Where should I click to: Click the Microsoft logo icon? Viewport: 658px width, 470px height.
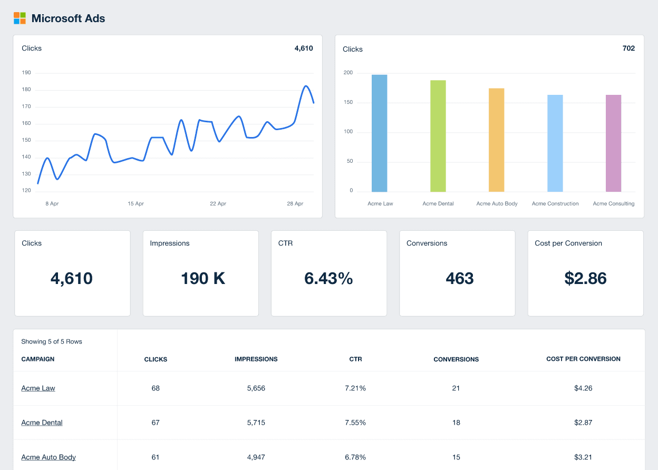tap(20, 18)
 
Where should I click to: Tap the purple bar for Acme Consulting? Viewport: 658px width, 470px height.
tap(613, 143)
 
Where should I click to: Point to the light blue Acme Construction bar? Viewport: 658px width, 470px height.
tap(555, 143)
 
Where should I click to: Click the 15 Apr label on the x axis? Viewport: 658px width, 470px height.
tap(136, 203)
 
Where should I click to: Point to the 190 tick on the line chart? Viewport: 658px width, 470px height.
tap(26, 73)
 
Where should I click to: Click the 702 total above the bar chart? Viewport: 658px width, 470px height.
tap(628, 48)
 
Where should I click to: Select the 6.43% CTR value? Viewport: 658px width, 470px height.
tap(328, 278)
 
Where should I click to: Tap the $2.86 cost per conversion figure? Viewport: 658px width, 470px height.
tap(585, 278)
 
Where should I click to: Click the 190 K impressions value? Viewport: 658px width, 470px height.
tap(203, 278)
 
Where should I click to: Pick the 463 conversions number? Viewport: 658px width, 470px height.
tap(459, 278)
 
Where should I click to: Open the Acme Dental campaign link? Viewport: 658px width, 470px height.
tap(42, 423)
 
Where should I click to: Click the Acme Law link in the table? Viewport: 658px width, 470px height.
tap(38, 388)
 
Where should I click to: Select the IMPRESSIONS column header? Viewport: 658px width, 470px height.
tap(256, 359)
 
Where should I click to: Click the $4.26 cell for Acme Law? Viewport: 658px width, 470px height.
tap(583, 388)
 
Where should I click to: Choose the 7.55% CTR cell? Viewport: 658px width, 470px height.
tap(355, 423)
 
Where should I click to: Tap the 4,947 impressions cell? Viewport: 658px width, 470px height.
tap(256, 457)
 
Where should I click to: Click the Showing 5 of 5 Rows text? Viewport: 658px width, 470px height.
tap(52, 341)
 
